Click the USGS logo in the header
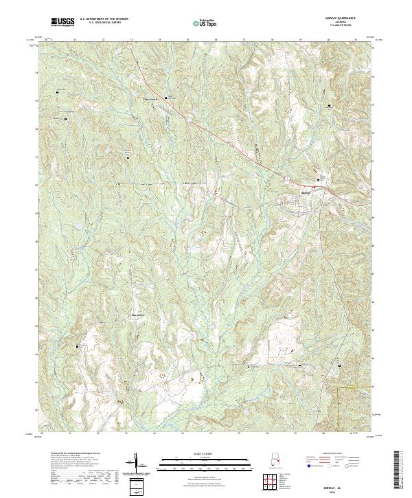63,22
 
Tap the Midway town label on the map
308,192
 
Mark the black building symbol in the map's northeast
330,106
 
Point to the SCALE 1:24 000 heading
205,454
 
